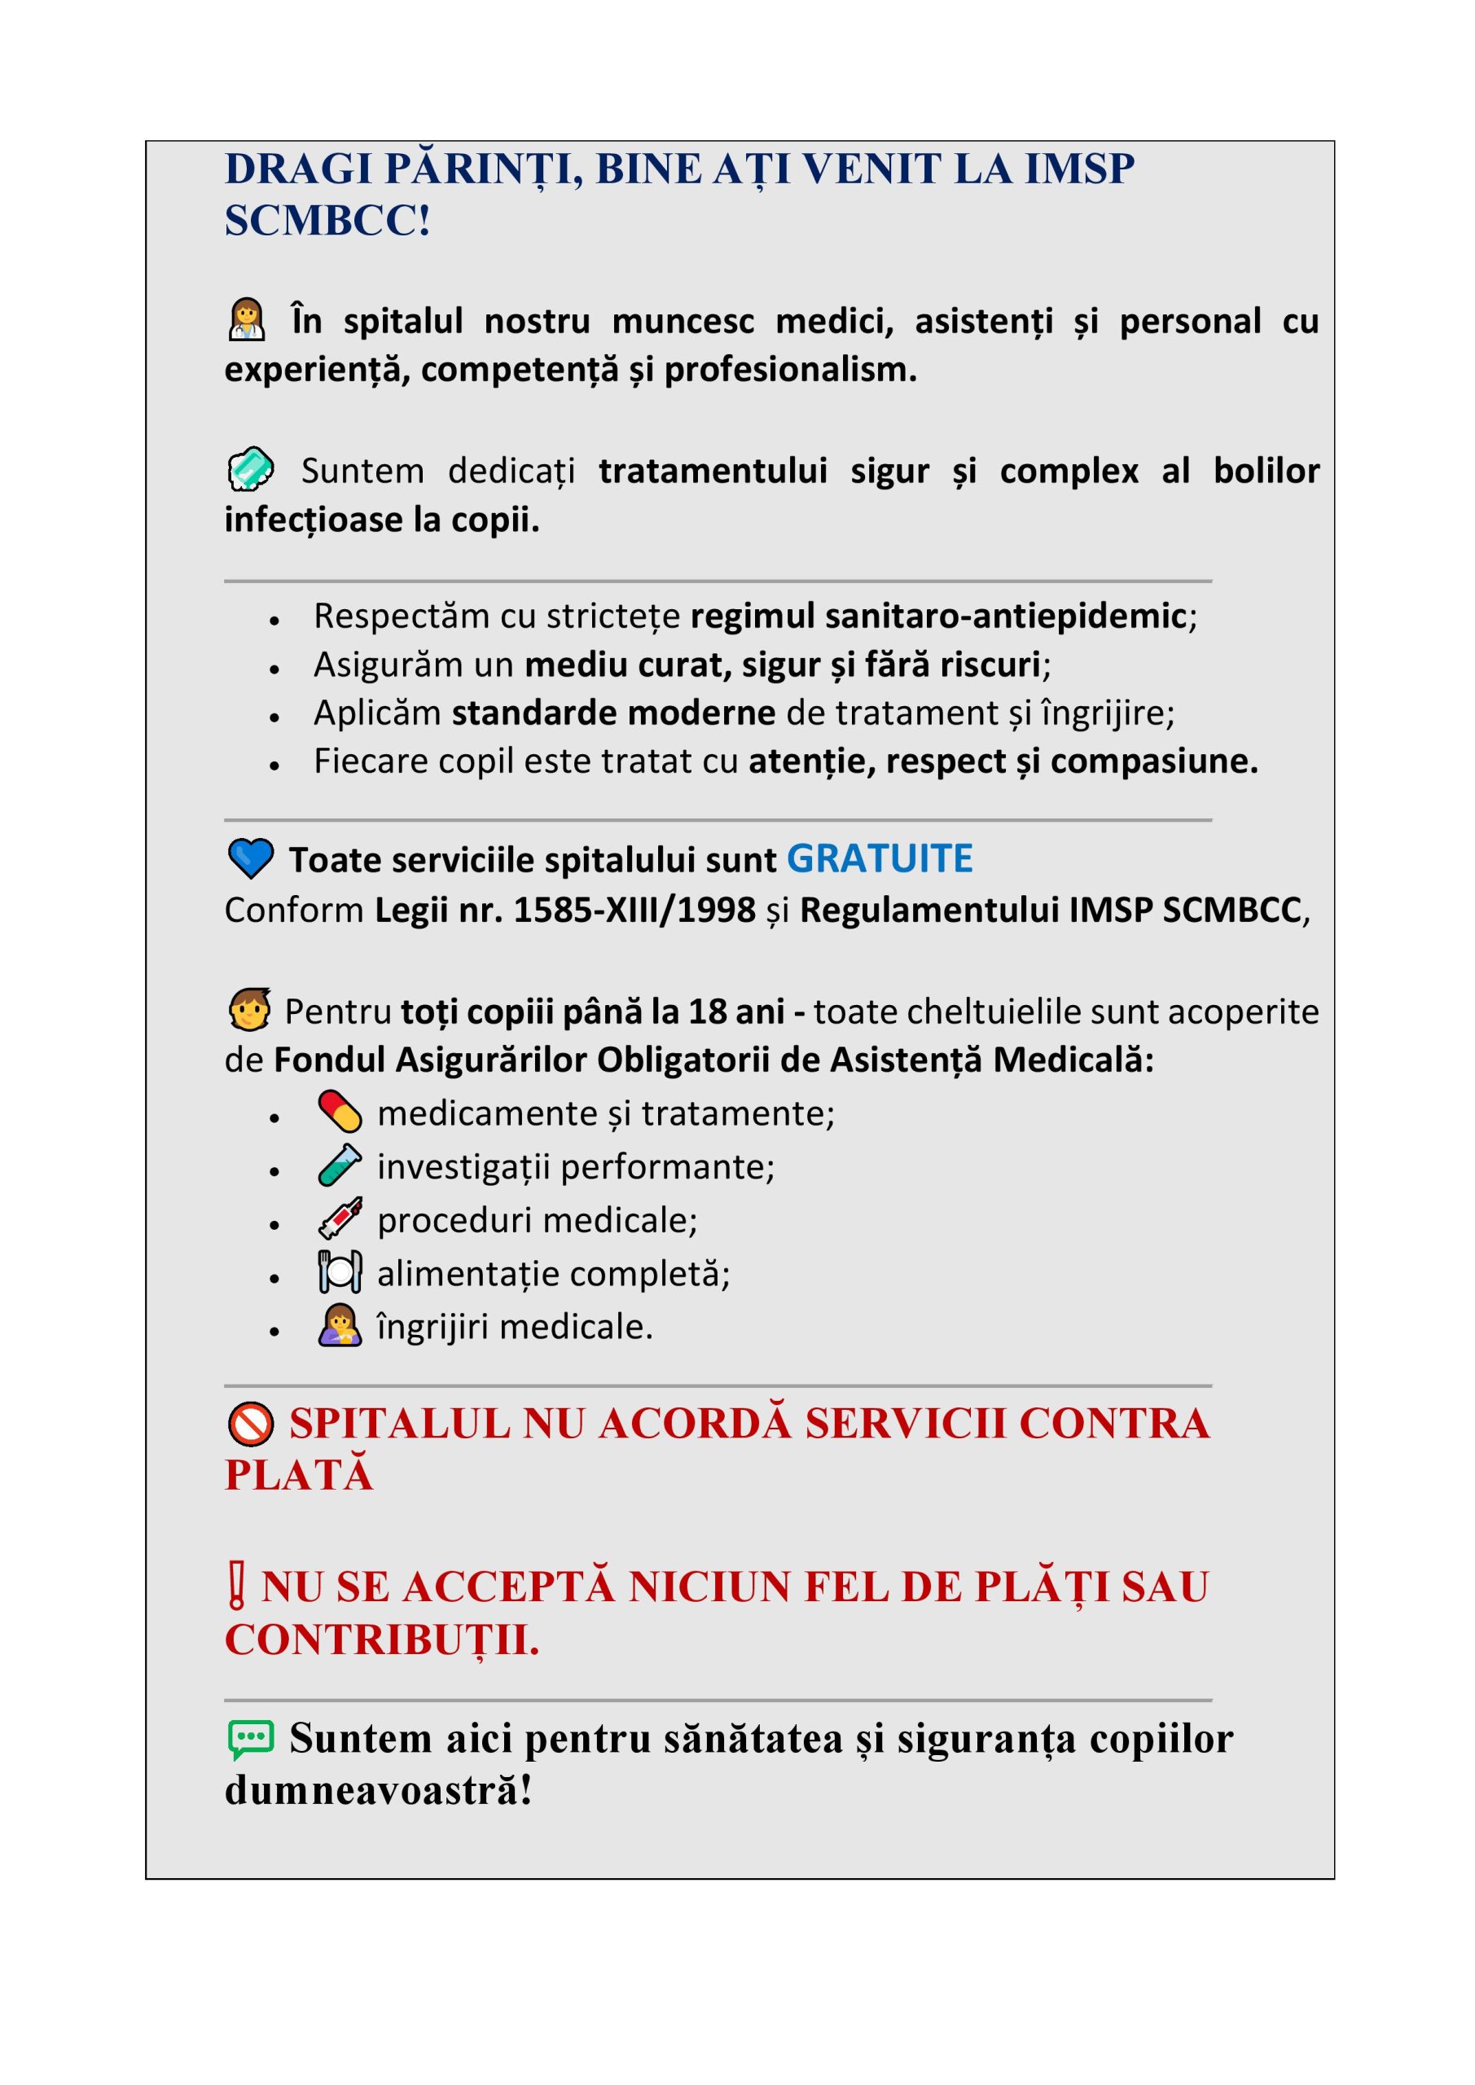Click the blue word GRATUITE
point(878,859)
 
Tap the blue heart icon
point(250,858)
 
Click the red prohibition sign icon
point(251,1423)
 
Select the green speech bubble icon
point(250,1739)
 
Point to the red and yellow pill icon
point(340,1112)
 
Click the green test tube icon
point(340,1165)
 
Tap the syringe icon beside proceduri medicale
point(340,1218)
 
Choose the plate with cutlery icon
point(340,1271)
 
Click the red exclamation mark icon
point(236,1586)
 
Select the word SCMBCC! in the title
point(327,221)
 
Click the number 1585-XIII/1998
point(634,910)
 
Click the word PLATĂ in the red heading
point(299,1475)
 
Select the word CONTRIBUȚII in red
point(380,1639)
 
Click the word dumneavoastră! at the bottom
point(378,1791)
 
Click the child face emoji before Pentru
point(250,1010)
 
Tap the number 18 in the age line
point(707,1012)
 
